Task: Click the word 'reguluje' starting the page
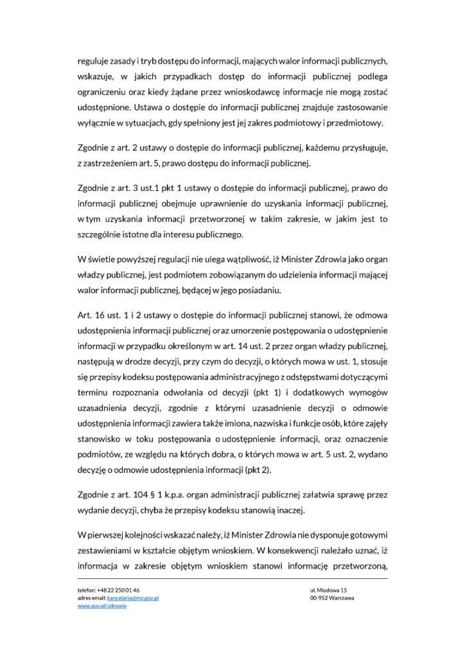tap(93, 62)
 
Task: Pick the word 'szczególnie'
tap(102, 235)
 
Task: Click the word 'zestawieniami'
tap(107, 550)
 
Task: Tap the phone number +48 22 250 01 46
tap(118, 590)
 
